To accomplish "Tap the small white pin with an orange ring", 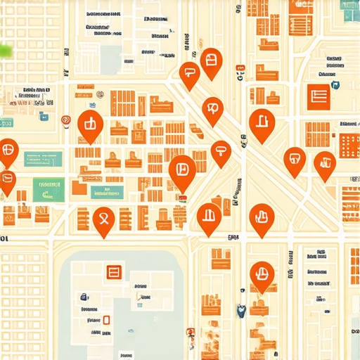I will click(66, 121).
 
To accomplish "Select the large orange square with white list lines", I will click(319, 96).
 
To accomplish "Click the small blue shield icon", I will click(335, 85).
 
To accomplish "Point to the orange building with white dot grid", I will click(349, 146).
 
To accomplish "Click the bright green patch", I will click(6, 50).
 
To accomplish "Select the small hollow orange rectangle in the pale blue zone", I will click(106, 321).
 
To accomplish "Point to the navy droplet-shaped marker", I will click(241, 309).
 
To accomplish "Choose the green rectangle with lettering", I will click(49, 189).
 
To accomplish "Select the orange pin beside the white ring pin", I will click(89, 125).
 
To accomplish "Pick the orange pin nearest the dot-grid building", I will click(324, 165).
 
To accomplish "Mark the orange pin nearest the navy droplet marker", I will click(262, 274).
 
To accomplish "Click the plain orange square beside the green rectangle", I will click(79, 188).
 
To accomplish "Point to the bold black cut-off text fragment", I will click(6, 238).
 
